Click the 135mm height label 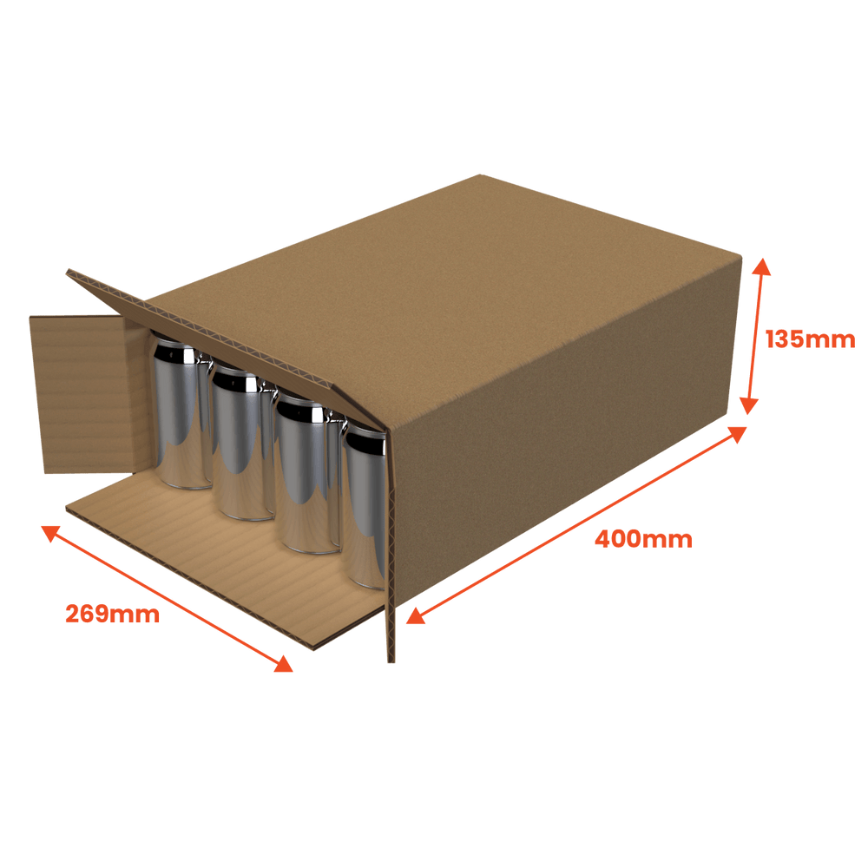click(x=810, y=339)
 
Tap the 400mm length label click(x=643, y=539)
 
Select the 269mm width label click(x=112, y=614)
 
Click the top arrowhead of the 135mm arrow click(x=762, y=266)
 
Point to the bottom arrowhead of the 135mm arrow click(x=749, y=405)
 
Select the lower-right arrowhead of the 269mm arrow click(x=284, y=665)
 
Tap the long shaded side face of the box click(x=565, y=443)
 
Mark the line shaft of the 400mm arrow click(x=576, y=525)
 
